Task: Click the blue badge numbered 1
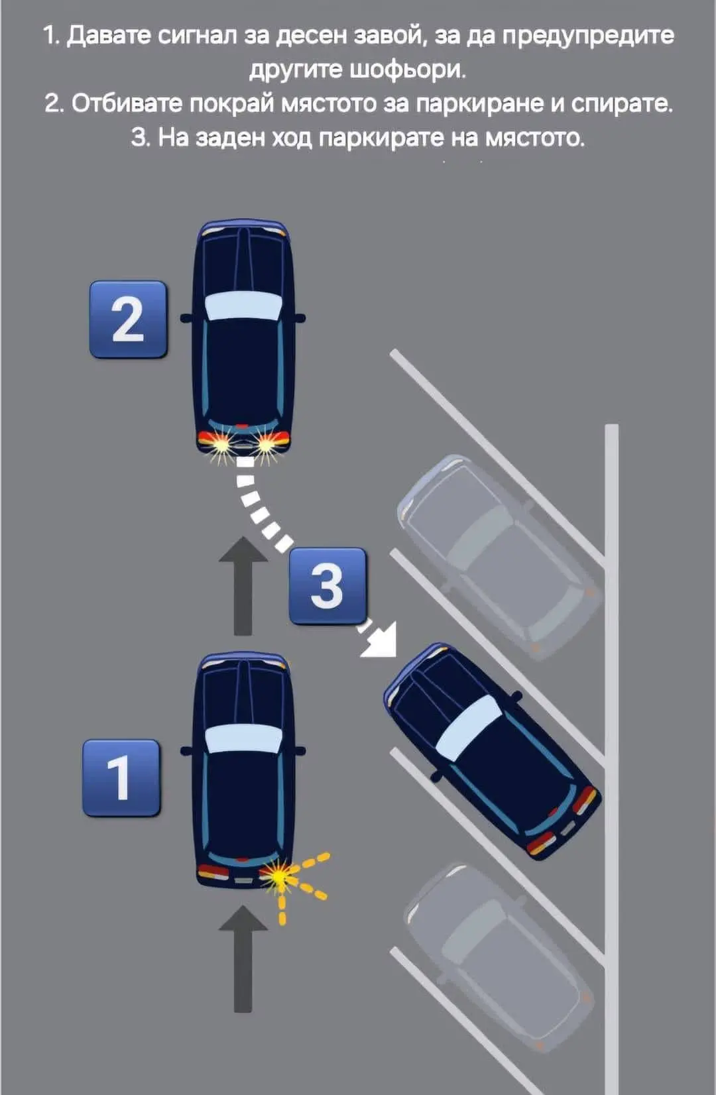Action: (121, 778)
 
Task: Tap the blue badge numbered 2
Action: (128, 319)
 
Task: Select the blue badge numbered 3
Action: (328, 585)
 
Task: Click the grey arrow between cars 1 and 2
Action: (243, 586)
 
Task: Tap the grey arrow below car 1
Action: (243, 958)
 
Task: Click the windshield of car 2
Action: (243, 306)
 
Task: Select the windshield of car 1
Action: (243, 738)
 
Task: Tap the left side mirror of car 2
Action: (186, 318)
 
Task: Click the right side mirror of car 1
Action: (299, 750)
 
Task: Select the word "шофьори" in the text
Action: (405, 70)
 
